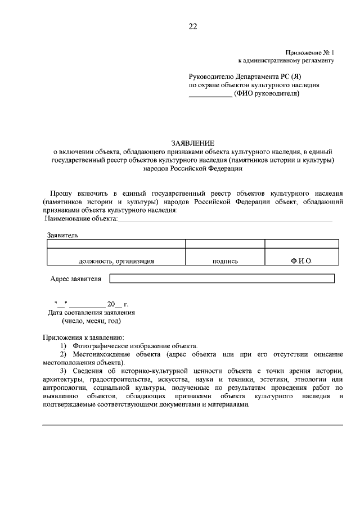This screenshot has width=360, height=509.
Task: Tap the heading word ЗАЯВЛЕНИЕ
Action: coord(193,143)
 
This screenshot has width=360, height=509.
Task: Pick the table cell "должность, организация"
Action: coord(116,261)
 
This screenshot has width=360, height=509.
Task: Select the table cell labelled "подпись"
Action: coord(225,261)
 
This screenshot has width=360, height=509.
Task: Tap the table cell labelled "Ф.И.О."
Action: coord(301,261)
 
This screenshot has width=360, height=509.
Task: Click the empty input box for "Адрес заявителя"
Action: coord(222,278)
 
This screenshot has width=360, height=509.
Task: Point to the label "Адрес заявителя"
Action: coord(76,278)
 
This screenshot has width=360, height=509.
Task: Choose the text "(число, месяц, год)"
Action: coord(91,321)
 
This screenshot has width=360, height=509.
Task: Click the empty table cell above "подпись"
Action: coord(225,244)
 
